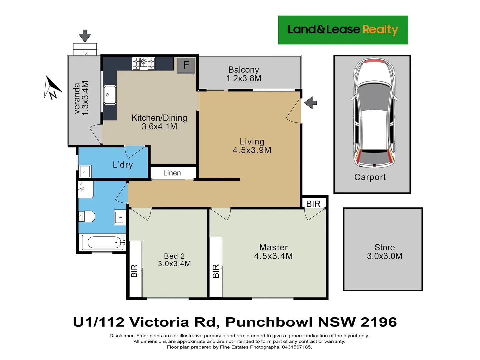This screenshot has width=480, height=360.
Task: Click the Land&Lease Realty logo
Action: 343,30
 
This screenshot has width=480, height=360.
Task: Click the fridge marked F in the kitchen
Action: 186,65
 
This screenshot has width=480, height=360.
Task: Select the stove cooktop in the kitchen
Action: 144,63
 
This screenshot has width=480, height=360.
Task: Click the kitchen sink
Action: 110,95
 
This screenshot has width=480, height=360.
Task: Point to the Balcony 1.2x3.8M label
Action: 244,74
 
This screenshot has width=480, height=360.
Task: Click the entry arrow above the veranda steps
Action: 85,36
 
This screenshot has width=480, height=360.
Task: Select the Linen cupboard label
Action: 172,173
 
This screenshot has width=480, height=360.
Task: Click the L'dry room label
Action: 123,165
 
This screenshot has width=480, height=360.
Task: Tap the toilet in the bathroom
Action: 87,216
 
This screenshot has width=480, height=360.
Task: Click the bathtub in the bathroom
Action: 102,242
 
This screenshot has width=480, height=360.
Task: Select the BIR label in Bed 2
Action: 134,271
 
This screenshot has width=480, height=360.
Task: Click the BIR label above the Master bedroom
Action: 313,204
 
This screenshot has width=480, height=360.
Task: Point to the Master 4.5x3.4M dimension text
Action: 273,256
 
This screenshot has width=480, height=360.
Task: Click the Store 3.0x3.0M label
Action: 384,252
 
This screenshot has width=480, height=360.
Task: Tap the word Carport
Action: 370,177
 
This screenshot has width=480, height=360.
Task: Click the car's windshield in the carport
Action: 374,97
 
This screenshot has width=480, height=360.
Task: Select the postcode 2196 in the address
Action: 379,322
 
